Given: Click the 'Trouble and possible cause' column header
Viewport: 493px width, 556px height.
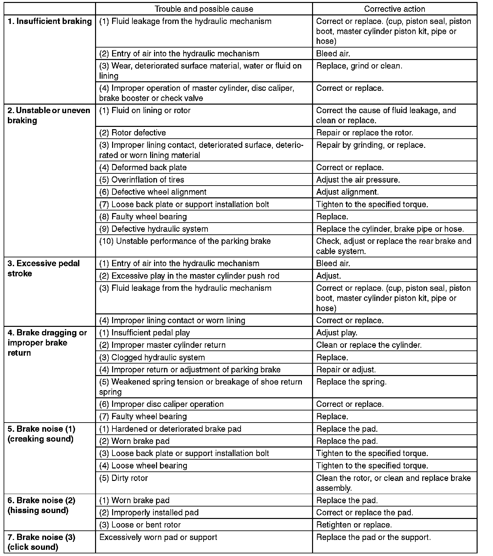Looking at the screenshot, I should (x=204, y=9).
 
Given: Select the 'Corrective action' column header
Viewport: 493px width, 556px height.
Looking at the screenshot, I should (x=394, y=9).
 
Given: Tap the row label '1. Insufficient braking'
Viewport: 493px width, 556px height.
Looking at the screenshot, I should (x=49, y=21).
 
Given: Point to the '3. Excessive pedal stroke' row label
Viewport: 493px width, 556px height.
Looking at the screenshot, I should (x=44, y=268).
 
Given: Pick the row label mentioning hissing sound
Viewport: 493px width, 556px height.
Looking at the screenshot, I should (x=41, y=505).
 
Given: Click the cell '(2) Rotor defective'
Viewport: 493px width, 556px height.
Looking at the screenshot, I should (x=133, y=133).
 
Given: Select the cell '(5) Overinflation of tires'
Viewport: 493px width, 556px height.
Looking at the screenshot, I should (x=142, y=180).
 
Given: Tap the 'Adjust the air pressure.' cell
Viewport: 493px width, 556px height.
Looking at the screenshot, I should (x=358, y=180).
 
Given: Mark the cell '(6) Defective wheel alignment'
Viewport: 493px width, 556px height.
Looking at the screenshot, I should (x=153, y=192).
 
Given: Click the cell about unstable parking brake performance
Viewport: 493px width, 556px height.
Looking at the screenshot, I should (x=185, y=241).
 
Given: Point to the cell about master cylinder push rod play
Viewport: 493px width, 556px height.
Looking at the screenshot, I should (x=189, y=276).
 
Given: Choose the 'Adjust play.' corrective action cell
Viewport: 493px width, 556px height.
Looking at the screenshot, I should (x=337, y=333).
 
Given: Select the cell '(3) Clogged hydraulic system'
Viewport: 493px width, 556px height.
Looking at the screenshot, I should (x=152, y=357).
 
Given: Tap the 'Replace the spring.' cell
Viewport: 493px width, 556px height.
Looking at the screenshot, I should (x=351, y=382).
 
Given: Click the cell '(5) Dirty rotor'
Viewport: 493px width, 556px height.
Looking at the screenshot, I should (x=124, y=478).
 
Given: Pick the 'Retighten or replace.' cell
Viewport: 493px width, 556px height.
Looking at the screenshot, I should (x=354, y=525).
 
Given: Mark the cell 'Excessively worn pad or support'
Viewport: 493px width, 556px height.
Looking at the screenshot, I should (x=158, y=537).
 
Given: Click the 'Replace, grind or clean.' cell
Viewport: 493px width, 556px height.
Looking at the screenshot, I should (x=359, y=66).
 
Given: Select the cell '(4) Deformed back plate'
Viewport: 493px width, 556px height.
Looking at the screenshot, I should (x=143, y=168).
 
